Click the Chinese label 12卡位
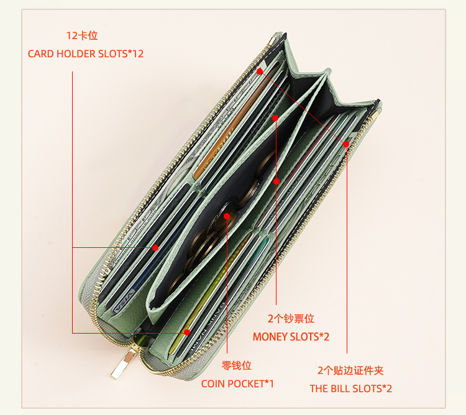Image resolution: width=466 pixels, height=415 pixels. click(x=82, y=36)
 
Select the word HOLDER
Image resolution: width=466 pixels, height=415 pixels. click(x=76, y=54)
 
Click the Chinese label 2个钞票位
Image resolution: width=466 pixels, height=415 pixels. click(x=291, y=319)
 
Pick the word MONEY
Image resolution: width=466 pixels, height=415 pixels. click(x=269, y=337)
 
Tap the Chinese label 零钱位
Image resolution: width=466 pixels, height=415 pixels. click(x=237, y=366)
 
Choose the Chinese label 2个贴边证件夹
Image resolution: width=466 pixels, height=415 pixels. click(x=350, y=371)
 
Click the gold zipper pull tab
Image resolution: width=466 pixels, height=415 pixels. click(x=123, y=363)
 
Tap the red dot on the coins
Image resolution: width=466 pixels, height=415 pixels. click(x=227, y=216)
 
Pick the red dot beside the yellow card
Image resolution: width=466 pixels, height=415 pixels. click(x=187, y=333)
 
